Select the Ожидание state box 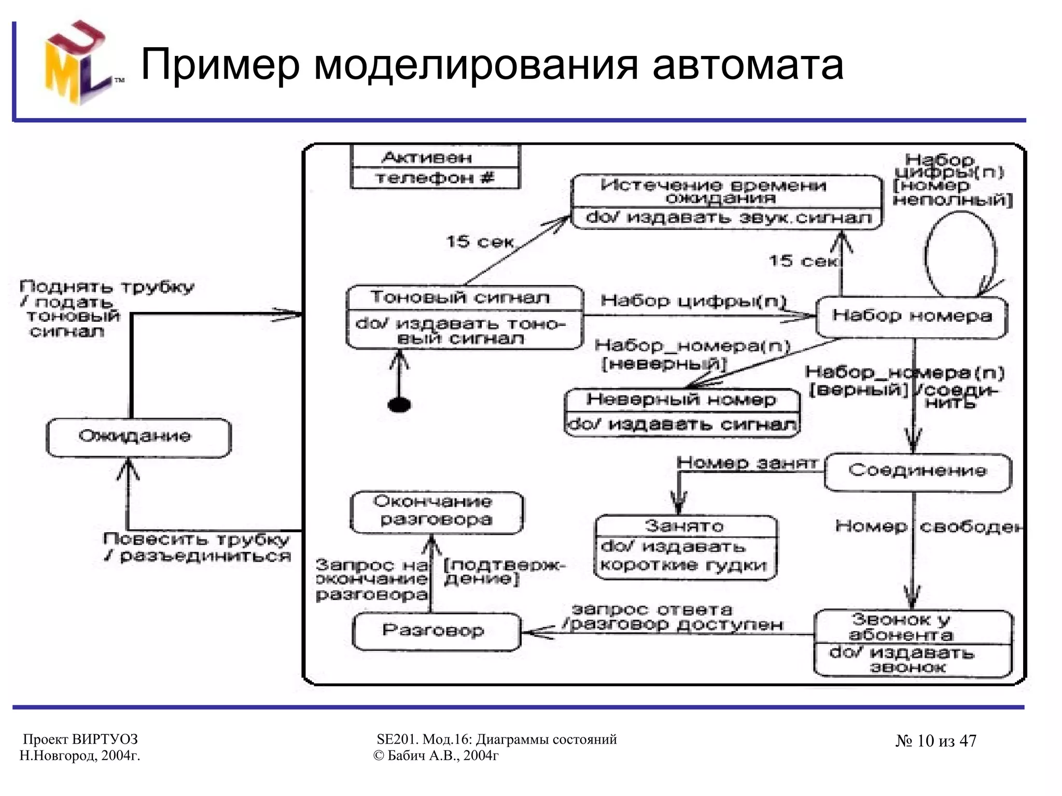point(138,437)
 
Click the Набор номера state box point(912,316)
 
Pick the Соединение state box point(917,471)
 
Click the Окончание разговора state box point(436,511)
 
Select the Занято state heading point(684,526)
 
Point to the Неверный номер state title point(681,400)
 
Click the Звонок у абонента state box point(913,643)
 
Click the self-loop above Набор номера point(960,251)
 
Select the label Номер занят point(747,463)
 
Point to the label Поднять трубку point(106,287)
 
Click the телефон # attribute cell point(435,178)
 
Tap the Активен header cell point(427,157)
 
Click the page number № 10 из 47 point(935,741)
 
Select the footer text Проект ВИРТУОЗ point(80,739)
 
